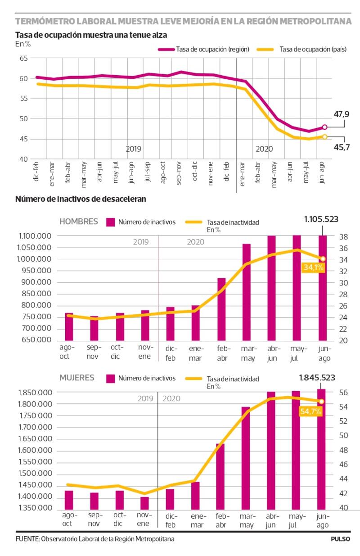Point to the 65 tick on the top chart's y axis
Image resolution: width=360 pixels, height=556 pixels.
tap(24, 58)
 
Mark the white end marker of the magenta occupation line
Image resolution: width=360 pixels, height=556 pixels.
tap(325, 127)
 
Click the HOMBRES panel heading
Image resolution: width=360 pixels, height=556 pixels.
tap(79, 221)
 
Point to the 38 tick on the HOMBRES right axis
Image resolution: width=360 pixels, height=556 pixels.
tap(342, 236)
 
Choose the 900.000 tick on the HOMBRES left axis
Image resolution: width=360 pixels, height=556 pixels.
tap(35, 282)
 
